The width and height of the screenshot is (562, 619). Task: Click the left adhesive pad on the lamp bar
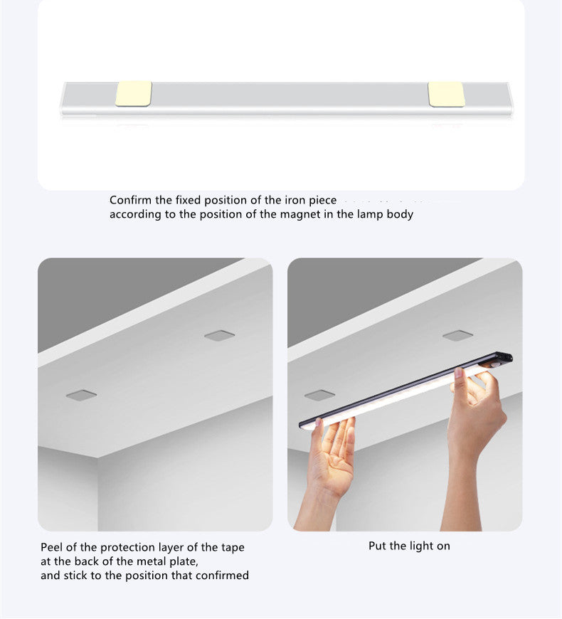134,93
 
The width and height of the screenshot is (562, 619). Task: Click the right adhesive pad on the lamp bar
446,94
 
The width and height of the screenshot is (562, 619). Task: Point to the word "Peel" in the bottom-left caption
52,547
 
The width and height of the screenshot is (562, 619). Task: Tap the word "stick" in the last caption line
75,576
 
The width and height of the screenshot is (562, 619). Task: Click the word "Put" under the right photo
378,546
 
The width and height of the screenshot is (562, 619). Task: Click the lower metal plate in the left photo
81,395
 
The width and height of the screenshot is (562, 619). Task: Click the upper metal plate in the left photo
219,336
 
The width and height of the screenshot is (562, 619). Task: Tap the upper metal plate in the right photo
458,336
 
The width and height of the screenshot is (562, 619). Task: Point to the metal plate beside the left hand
319,395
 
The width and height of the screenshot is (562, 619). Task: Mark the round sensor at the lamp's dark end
495,365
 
